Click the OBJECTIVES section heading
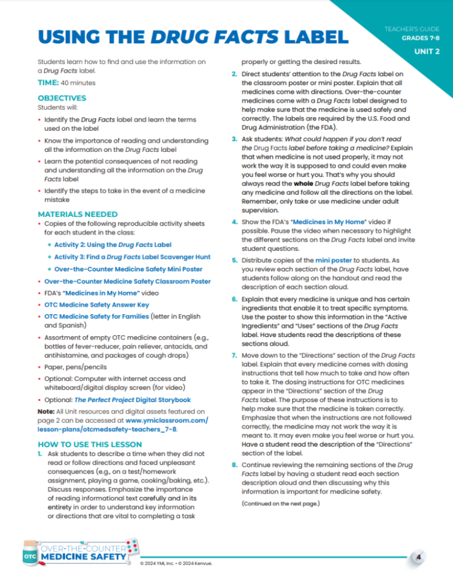point(62,98)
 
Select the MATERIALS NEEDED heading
point(77,214)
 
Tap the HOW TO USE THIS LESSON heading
point(90,444)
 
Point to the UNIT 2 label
point(427,52)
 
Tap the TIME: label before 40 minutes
point(49,83)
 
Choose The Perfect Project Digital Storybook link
point(133,400)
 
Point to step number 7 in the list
point(234,356)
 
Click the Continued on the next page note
point(280,503)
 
